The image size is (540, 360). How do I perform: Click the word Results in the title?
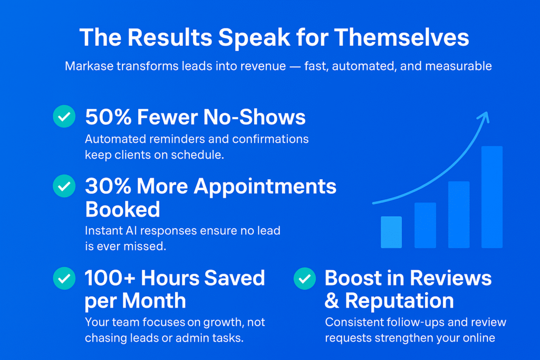point(170,37)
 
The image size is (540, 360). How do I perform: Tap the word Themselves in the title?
point(401,37)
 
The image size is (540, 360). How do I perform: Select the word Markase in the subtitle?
point(89,66)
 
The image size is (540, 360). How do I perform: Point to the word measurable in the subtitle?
point(458,66)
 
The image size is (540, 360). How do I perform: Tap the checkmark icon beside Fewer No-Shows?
point(64,116)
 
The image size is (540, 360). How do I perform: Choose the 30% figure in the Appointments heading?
point(108,186)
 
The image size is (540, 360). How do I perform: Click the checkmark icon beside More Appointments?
point(64,186)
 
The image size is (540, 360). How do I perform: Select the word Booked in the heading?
point(122,209)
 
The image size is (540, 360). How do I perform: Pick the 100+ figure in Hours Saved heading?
point(110,278)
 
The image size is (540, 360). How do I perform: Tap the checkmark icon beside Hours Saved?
point(64,278)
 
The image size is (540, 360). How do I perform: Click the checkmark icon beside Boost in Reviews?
point(305,278)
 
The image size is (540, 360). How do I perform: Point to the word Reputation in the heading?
point(400,301)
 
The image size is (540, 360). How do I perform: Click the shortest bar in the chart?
point(391,232)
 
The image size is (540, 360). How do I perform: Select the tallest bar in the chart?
point(492,197)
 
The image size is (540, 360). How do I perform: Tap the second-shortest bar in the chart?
point(425,225)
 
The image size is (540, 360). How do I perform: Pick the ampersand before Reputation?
point(332,301)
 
